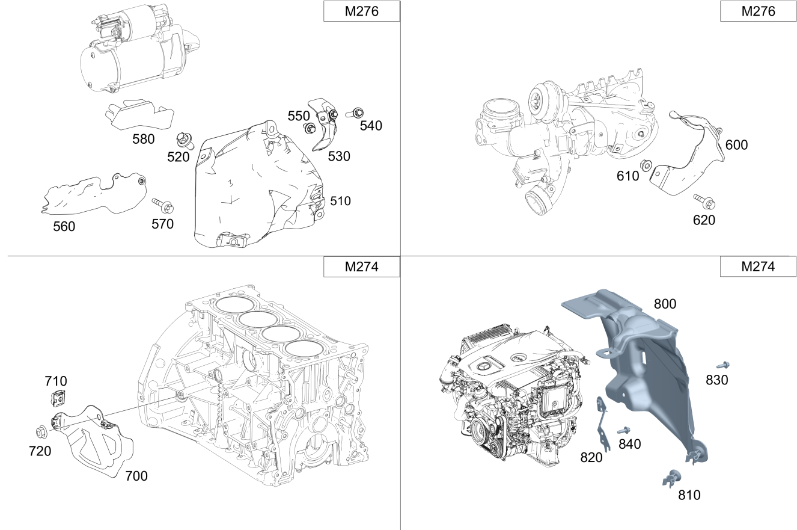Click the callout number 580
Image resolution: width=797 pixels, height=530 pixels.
click(144, 139)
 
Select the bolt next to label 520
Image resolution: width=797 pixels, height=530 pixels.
click(183, 141)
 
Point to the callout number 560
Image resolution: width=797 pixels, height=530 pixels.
click(64, 226)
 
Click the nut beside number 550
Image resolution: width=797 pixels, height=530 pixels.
click(310, 128)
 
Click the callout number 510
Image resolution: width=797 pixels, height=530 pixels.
click(340, 201)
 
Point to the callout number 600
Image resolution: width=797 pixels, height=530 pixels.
click(736, 145)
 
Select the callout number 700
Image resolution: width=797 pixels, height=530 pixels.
click(136, 476)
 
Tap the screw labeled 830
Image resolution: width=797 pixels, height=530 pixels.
click(722, 365)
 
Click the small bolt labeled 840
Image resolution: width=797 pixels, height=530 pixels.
click(623, 430)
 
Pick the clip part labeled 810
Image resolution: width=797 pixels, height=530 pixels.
click(671, 477)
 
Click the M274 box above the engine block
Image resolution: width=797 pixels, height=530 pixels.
click(361, 267)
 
